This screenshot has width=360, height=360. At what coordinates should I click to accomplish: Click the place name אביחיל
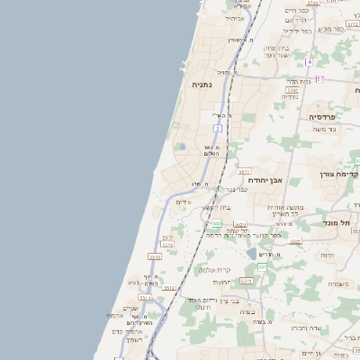(x=235, y=17)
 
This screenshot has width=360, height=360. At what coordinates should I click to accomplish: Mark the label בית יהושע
(x=217, y=207)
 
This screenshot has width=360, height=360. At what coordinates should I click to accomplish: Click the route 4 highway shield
(x=308, y=61)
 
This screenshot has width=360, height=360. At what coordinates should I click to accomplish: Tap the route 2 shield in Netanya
(x=218, y=129)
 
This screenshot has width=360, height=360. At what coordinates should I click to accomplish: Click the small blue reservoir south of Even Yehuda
(x=251, y=254)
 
